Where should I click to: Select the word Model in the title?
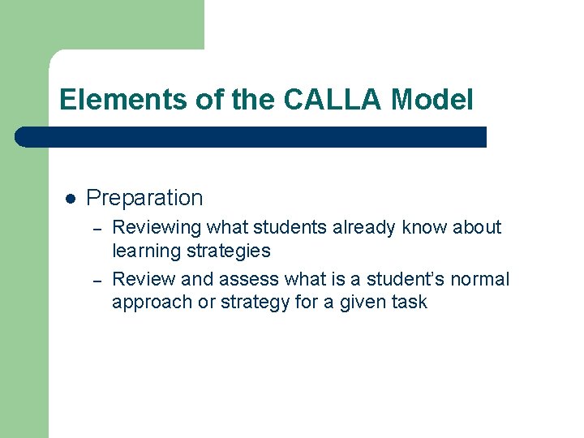pyautogui.click(x=432, y=100)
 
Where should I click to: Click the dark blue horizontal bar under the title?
pyautogui.click(x=251, y=137)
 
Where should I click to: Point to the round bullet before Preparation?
pyautogui.click(x=71, y=198)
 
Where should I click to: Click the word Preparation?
pyautogui.click(x=144, y=198)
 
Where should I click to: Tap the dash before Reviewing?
pyautogui.click(x=96, y=228)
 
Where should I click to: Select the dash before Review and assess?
pyautogui.click(x=96, y=280)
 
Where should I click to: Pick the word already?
pyautogui.click(x=359, y=227)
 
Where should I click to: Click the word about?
pyautogui.click(x=477, y=227)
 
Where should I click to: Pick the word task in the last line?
pyautogui.click(x=409, y=303)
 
